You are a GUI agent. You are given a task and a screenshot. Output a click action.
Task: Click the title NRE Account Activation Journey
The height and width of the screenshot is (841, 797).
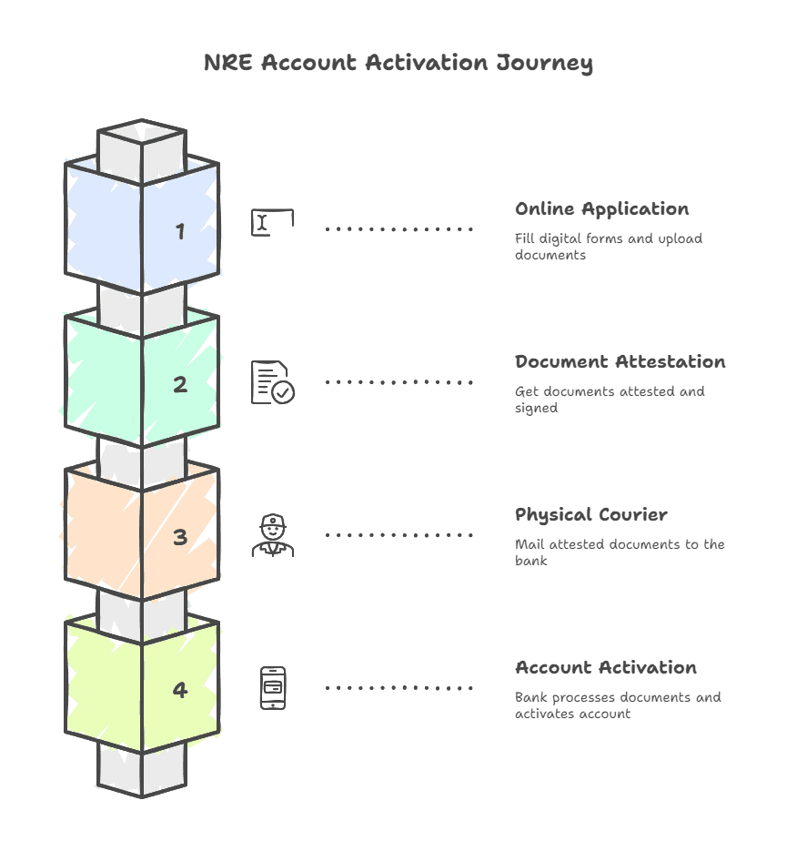point(398,63)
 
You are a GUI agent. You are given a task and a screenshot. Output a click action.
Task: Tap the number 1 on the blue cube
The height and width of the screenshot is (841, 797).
point(180,231)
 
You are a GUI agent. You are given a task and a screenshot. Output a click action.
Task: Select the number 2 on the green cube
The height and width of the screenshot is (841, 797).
point(180,384)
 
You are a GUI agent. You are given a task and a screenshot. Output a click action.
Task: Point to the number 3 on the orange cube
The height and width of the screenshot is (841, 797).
point(180,537)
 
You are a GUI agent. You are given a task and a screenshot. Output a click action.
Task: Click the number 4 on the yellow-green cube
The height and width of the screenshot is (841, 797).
point(180,690)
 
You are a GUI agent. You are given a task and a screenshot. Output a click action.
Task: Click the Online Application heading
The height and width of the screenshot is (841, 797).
point(601,209)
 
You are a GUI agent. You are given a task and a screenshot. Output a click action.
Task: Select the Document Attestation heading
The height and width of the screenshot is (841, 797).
point(620,362)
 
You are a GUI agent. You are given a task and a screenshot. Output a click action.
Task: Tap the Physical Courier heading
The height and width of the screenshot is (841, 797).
point(590,515)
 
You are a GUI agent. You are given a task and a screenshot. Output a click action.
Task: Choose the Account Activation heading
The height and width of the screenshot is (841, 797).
point(605,668)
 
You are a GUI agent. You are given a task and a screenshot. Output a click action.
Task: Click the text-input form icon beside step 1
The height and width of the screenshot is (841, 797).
point(272,223)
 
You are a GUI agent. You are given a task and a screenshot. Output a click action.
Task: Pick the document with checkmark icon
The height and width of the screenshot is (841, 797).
point(273,382)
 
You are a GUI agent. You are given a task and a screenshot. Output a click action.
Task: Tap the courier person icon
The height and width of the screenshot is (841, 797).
point(272,535)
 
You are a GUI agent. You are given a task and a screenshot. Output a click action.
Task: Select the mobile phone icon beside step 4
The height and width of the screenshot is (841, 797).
point(272,688)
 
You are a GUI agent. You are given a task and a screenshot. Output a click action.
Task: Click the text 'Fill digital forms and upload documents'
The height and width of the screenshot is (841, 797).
point(608,247)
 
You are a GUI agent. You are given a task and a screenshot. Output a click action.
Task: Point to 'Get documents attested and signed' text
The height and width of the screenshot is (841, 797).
point(609,400)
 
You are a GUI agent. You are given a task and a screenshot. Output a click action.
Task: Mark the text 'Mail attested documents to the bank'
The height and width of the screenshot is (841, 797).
point(619,552)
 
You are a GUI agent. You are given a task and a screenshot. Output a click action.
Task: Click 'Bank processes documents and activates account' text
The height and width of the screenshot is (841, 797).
point(617,705)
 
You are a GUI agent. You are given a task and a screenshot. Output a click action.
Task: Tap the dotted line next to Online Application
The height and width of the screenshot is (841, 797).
point(399,229)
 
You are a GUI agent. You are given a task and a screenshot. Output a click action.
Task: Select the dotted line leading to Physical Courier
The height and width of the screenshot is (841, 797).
point(399,535)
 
